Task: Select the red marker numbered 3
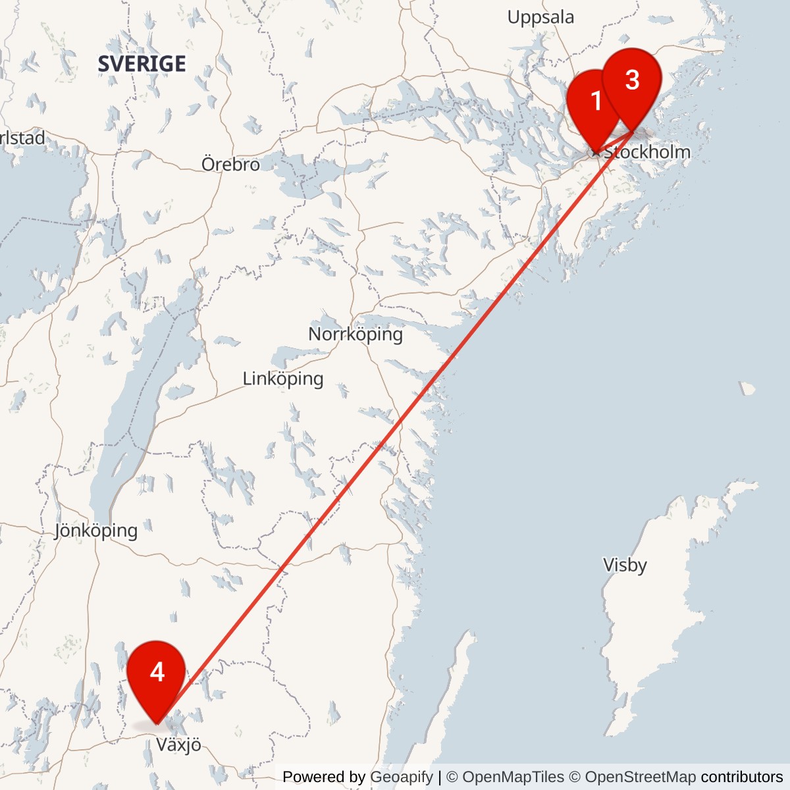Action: [632, 80]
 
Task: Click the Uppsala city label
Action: [540, 17]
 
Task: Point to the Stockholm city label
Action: [647, 152]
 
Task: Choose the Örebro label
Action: [230, 164]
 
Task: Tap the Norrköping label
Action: [355, 334]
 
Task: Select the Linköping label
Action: [283, 379]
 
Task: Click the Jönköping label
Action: [96, 530]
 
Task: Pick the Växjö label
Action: [178, 745]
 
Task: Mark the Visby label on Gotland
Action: [625, 565]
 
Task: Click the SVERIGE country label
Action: [142, 64]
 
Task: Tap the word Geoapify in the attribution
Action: [402, 777]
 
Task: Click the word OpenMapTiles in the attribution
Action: [513, 777]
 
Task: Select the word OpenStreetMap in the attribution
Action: [641, 777]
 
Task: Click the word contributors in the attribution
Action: [742, 777]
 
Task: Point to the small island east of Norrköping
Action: [747, 388]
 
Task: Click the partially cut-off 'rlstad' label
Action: [22, 138]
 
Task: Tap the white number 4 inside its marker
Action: [157, 671]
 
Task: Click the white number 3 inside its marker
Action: [632, 80]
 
